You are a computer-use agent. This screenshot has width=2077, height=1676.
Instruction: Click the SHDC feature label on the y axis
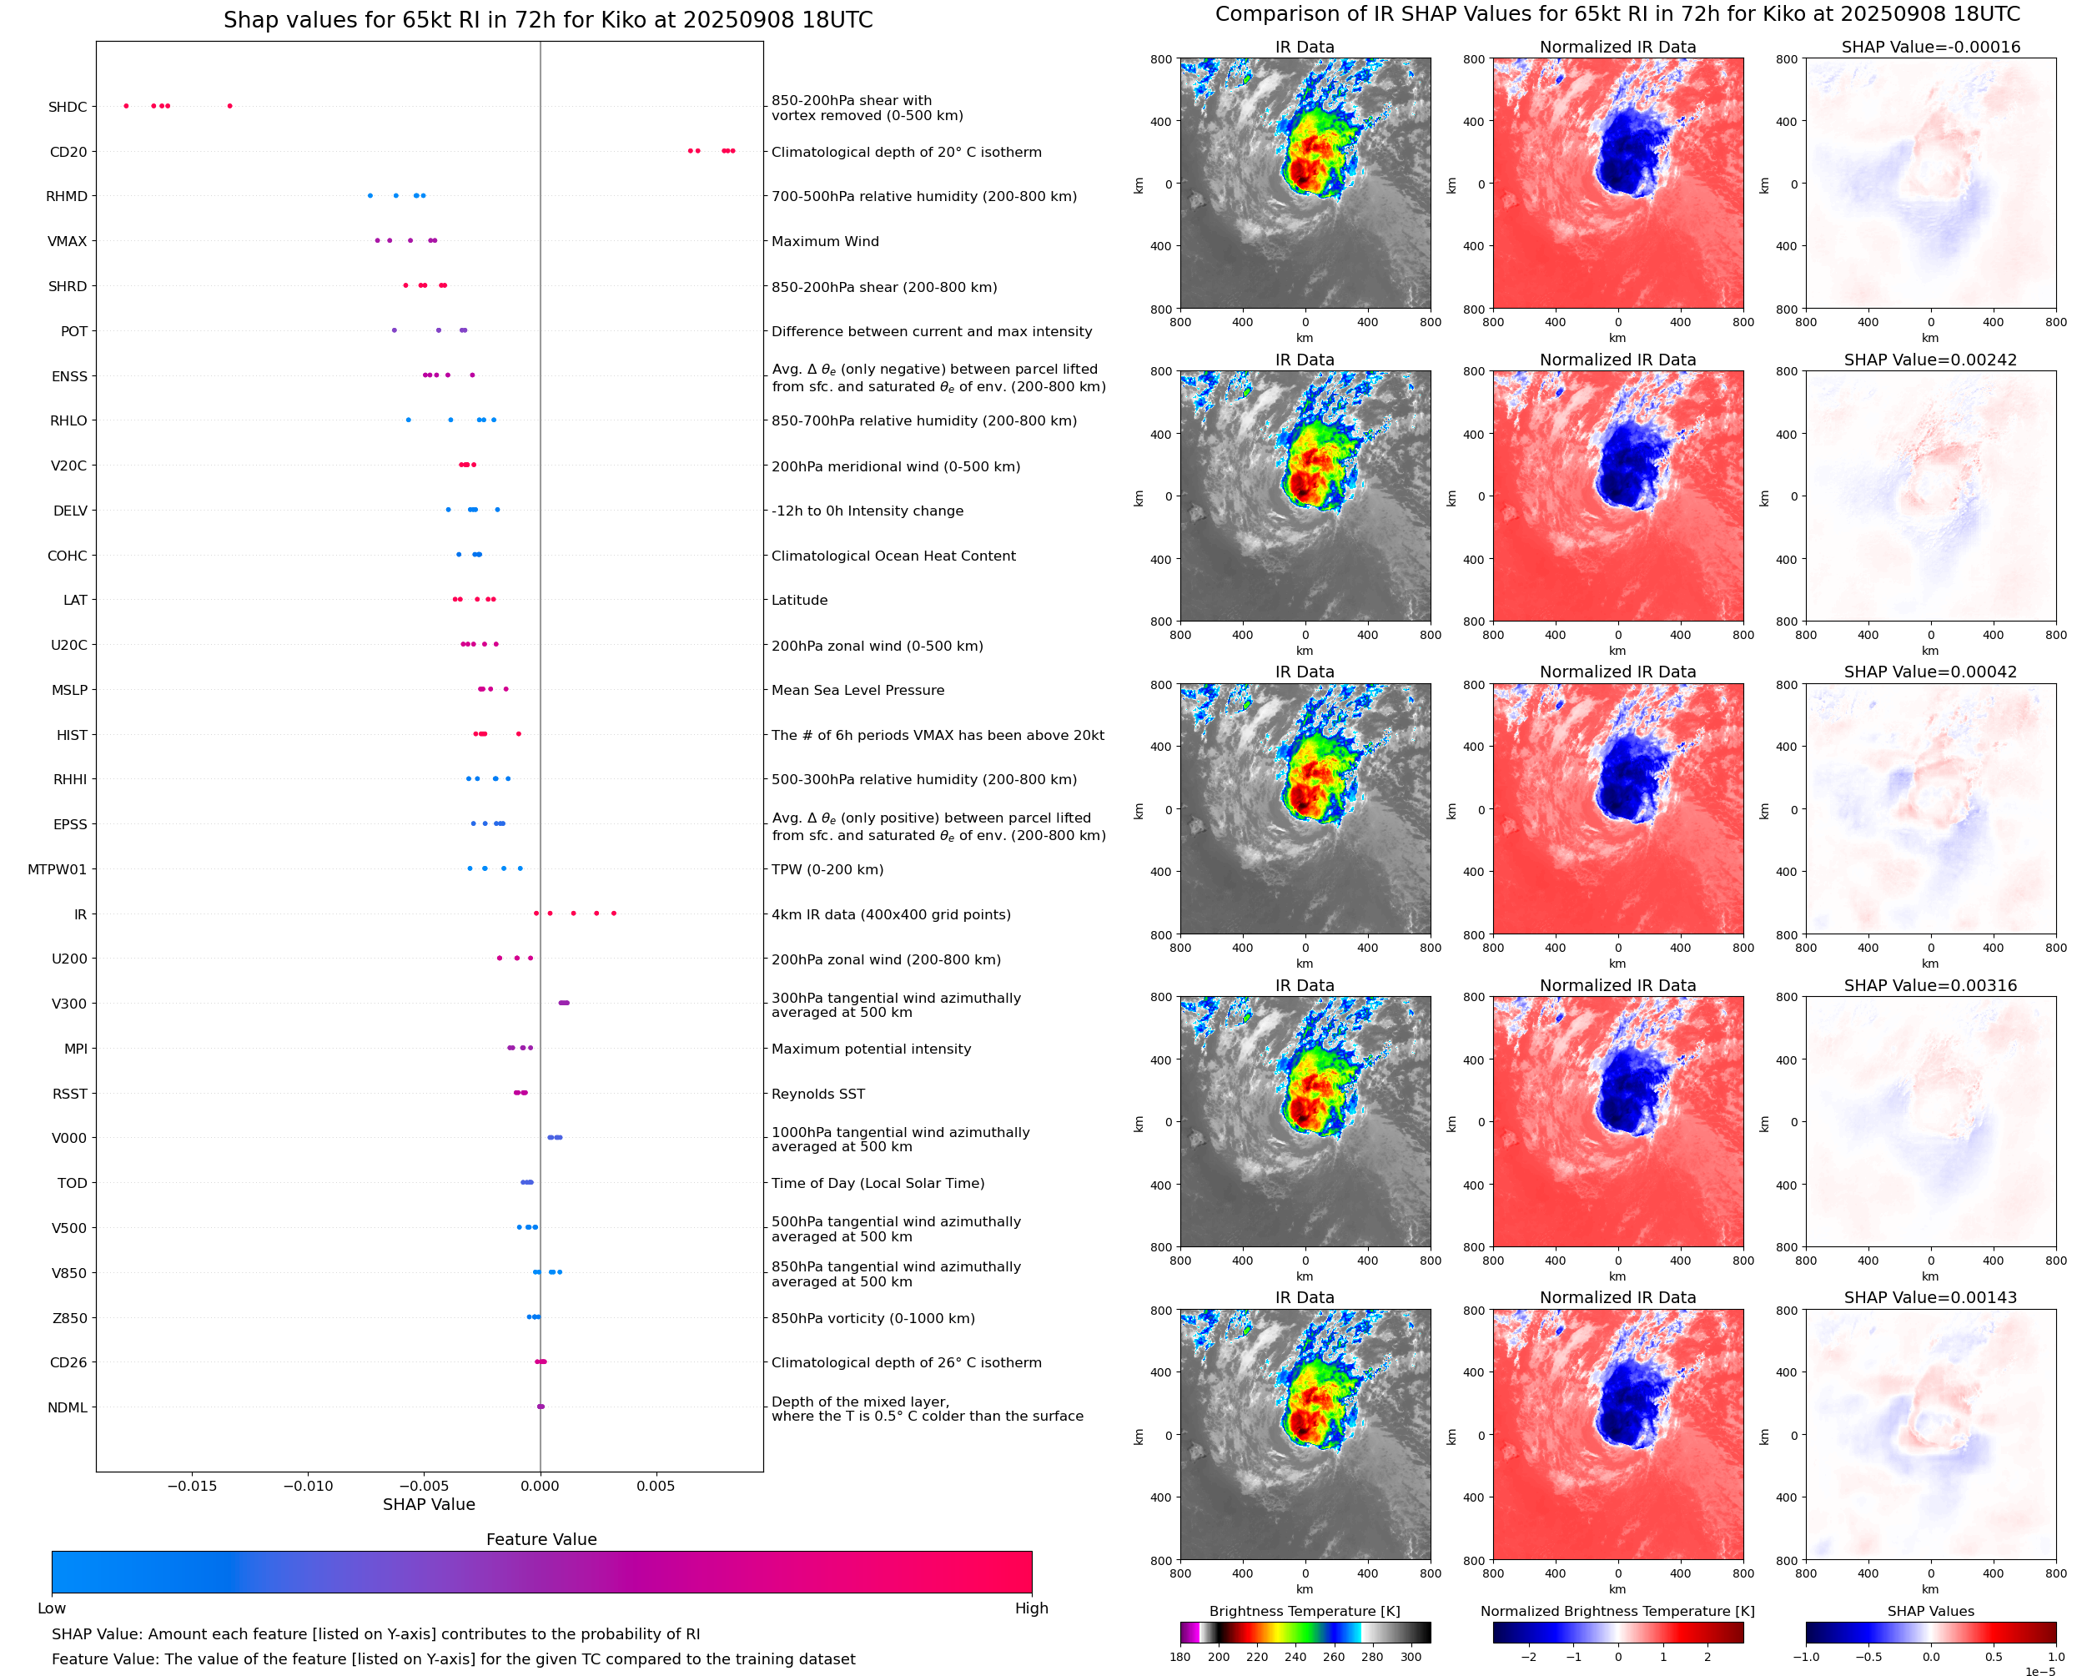pyautogui.click(x=68, y=107)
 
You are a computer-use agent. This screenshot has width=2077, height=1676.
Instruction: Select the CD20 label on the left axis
pyautogui.click(x=68, y=152)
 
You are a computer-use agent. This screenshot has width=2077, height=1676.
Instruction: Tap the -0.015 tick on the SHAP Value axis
pyautogui.click(x=192, y=1486)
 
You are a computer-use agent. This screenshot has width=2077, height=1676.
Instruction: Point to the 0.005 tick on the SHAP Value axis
pyautogui.click(x=656, y=1486)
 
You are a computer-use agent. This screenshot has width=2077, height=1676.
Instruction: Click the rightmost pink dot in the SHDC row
pyautogui.click(x=229, y=106)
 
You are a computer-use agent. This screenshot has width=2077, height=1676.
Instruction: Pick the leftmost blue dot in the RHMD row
pyautogui.click(x=370, y=196)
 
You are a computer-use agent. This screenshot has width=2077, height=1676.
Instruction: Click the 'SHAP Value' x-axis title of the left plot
pyautogui.click(x=429, y=1504)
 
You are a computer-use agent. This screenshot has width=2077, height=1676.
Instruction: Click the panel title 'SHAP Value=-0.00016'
pyautogui.click(x=1930, y=48)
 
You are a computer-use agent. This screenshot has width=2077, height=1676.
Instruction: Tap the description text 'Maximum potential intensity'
pyautogui.click(x=871, y=1049)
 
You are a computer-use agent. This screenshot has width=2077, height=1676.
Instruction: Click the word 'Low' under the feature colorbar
pyautogui.click(x=52, y=1608)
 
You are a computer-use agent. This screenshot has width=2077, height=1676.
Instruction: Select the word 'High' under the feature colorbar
pyautogui.click(x=1031, y=1608)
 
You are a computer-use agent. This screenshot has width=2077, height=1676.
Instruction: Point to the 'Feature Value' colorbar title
pyautogui.click(x=541, y=1540)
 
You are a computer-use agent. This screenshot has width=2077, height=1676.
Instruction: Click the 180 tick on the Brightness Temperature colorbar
pyautogui.click(x=1180, y=1657)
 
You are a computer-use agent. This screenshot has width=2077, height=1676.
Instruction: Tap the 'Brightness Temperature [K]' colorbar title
pyautogui.click(x=1305, y=1611)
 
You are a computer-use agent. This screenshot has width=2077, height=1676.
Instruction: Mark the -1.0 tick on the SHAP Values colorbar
pyautogui.click(x=1806, y=1657)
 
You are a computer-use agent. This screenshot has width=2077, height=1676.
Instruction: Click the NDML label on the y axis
pyautogui.click(x=68, y=1407)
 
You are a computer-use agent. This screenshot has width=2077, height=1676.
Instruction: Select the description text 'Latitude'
pyautogui.click(x=799, y=601)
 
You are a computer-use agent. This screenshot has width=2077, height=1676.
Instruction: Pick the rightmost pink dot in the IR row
pyautogui.click(x=614, y=913)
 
